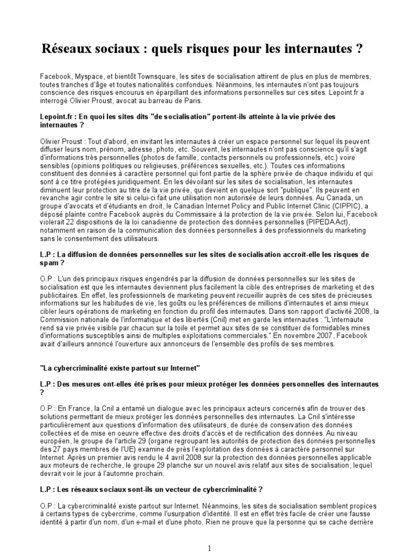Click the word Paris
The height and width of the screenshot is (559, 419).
(x=177, y=101)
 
